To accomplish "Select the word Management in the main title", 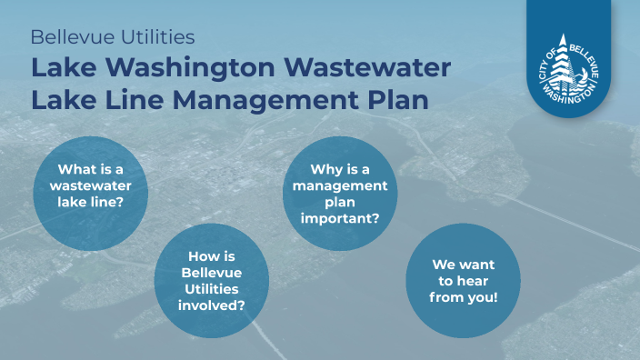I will tap(263, 98).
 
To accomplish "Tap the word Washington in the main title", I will tap(193, 67).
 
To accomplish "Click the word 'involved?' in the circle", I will tap(214, 305).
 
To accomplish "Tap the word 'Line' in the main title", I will tap(135, 98).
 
